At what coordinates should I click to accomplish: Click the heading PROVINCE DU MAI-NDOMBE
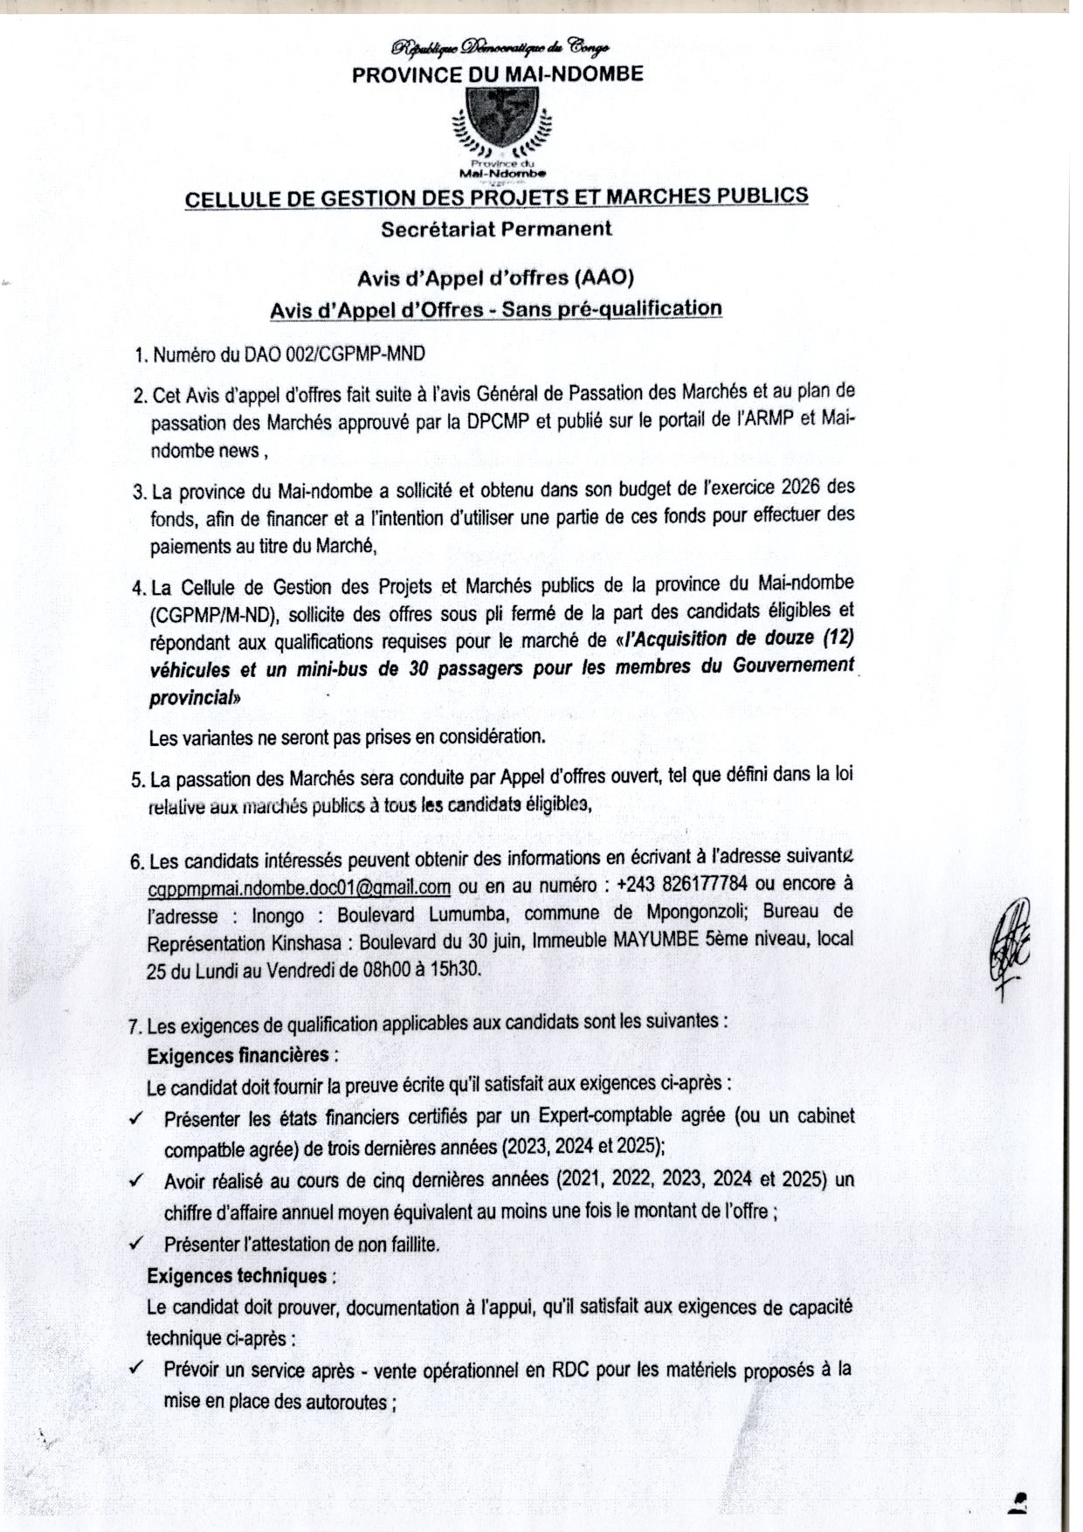tap(497, 74)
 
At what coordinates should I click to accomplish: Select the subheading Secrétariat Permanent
tap(496, 229)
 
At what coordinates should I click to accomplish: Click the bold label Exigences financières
tap(238, 1054)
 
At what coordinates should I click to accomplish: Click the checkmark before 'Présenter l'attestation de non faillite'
tap(135, 1243)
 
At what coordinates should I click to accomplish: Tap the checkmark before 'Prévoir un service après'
tap(135, 1369)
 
